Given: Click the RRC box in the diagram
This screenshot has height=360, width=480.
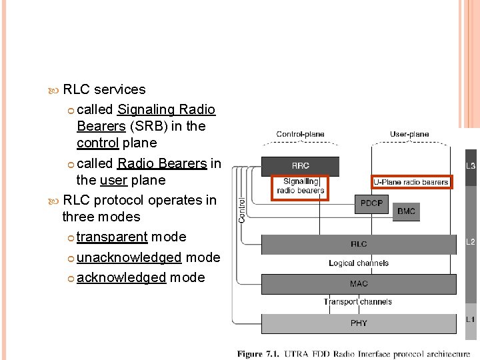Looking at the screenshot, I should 300,166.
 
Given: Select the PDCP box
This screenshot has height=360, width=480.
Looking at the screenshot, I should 371,203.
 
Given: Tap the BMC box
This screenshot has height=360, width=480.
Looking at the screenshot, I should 405,211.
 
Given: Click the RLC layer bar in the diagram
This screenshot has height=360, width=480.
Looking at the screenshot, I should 359,244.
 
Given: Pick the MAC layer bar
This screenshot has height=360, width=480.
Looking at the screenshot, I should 359,283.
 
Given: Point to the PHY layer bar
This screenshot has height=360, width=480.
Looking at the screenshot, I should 359,323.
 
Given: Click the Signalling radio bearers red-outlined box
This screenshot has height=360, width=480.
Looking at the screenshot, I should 301,186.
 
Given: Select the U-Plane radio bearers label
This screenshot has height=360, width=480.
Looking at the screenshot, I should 411,181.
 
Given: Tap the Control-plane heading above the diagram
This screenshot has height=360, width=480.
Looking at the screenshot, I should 300,134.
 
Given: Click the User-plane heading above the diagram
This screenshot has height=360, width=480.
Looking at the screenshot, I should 409,134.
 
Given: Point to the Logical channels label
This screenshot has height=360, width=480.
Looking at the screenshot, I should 359,263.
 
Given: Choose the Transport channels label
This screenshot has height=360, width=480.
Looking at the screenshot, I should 358,302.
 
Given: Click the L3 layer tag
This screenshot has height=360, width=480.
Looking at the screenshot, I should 470,166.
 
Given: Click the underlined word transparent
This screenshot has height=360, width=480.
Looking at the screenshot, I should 112,237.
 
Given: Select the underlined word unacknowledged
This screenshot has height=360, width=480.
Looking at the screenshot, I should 129,257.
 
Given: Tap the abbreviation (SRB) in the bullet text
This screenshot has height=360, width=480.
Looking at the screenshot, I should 150,126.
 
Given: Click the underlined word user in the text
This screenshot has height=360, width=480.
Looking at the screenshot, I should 113,180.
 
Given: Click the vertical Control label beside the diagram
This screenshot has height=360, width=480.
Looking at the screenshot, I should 242,207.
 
